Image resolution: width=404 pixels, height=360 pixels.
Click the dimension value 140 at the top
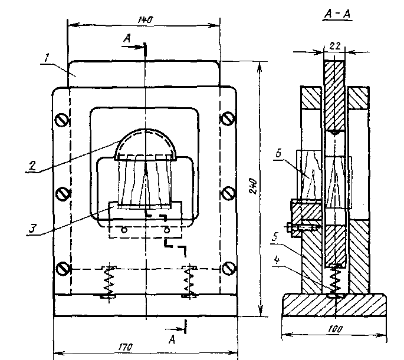[x=145, y=20]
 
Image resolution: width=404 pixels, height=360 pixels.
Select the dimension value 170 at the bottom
[x=126, y=347]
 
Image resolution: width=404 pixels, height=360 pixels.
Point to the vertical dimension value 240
[x=253, y=186]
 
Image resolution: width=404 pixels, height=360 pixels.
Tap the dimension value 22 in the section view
[x=334, y=47]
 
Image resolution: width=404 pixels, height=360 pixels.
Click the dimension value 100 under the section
[x=335, y=329]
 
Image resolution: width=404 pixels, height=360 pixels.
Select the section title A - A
[x=337, y=14]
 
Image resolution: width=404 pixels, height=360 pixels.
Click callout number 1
[x=46, y=58]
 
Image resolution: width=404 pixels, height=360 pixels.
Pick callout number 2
[x=32, y=166]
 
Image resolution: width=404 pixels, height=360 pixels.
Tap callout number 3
[x=32, y=229]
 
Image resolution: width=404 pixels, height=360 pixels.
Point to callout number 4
[x=277, y=260]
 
